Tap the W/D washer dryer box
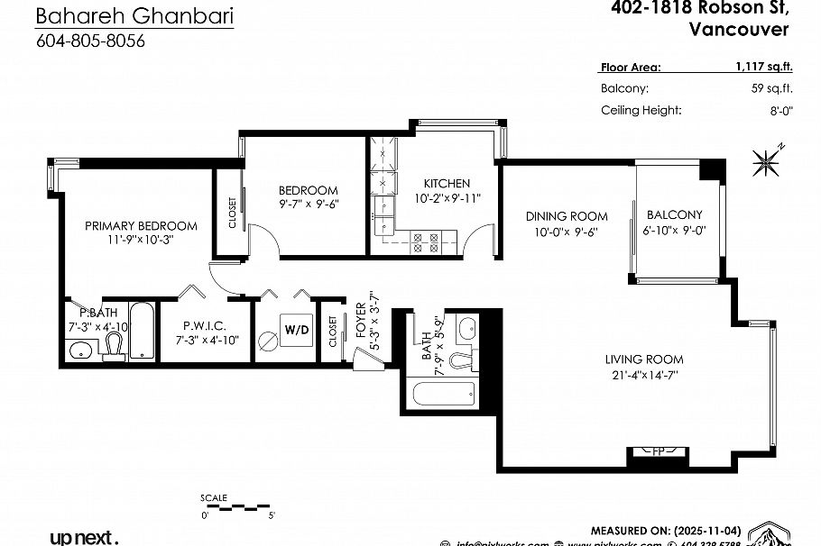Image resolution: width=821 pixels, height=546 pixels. click(x=297, y=330)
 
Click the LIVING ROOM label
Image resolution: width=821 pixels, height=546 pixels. click(x=643, y=359)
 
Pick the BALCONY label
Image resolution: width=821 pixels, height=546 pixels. click(x=674, y=214)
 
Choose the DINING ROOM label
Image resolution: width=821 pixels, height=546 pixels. click(x=567, y=216)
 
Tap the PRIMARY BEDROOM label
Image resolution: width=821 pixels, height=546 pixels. click(x=141, y=226)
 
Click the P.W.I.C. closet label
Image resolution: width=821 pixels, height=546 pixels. click(x=204, y=325)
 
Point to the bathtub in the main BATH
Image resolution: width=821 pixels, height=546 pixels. click(x=443, y=393)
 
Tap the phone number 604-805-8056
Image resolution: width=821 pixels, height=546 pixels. click(x=90, y=41)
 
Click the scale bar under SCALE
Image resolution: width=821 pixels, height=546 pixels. click(x=239, y=506)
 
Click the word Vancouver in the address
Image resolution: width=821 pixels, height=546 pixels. click(x=738, y=29)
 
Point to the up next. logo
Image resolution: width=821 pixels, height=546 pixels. click(x=84, y=538)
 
